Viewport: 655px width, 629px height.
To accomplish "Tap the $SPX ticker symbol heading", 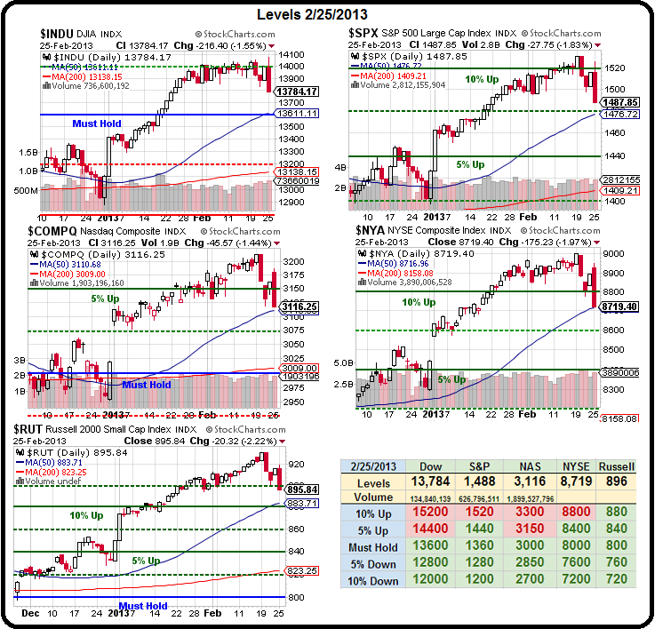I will click(x=366, y=33).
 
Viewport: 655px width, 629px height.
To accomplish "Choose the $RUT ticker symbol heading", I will click(x=33, y=429).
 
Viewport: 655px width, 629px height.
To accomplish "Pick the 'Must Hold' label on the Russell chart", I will click(x=142, y=606).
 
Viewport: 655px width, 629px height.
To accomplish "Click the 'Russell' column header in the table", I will click(x=617, y=466).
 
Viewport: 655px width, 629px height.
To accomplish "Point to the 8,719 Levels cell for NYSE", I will click(x=567, y=481).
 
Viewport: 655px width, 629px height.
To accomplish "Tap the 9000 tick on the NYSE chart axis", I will click(x=611, y=253).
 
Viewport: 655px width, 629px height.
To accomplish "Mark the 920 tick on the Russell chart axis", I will click(x=297, y=464).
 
